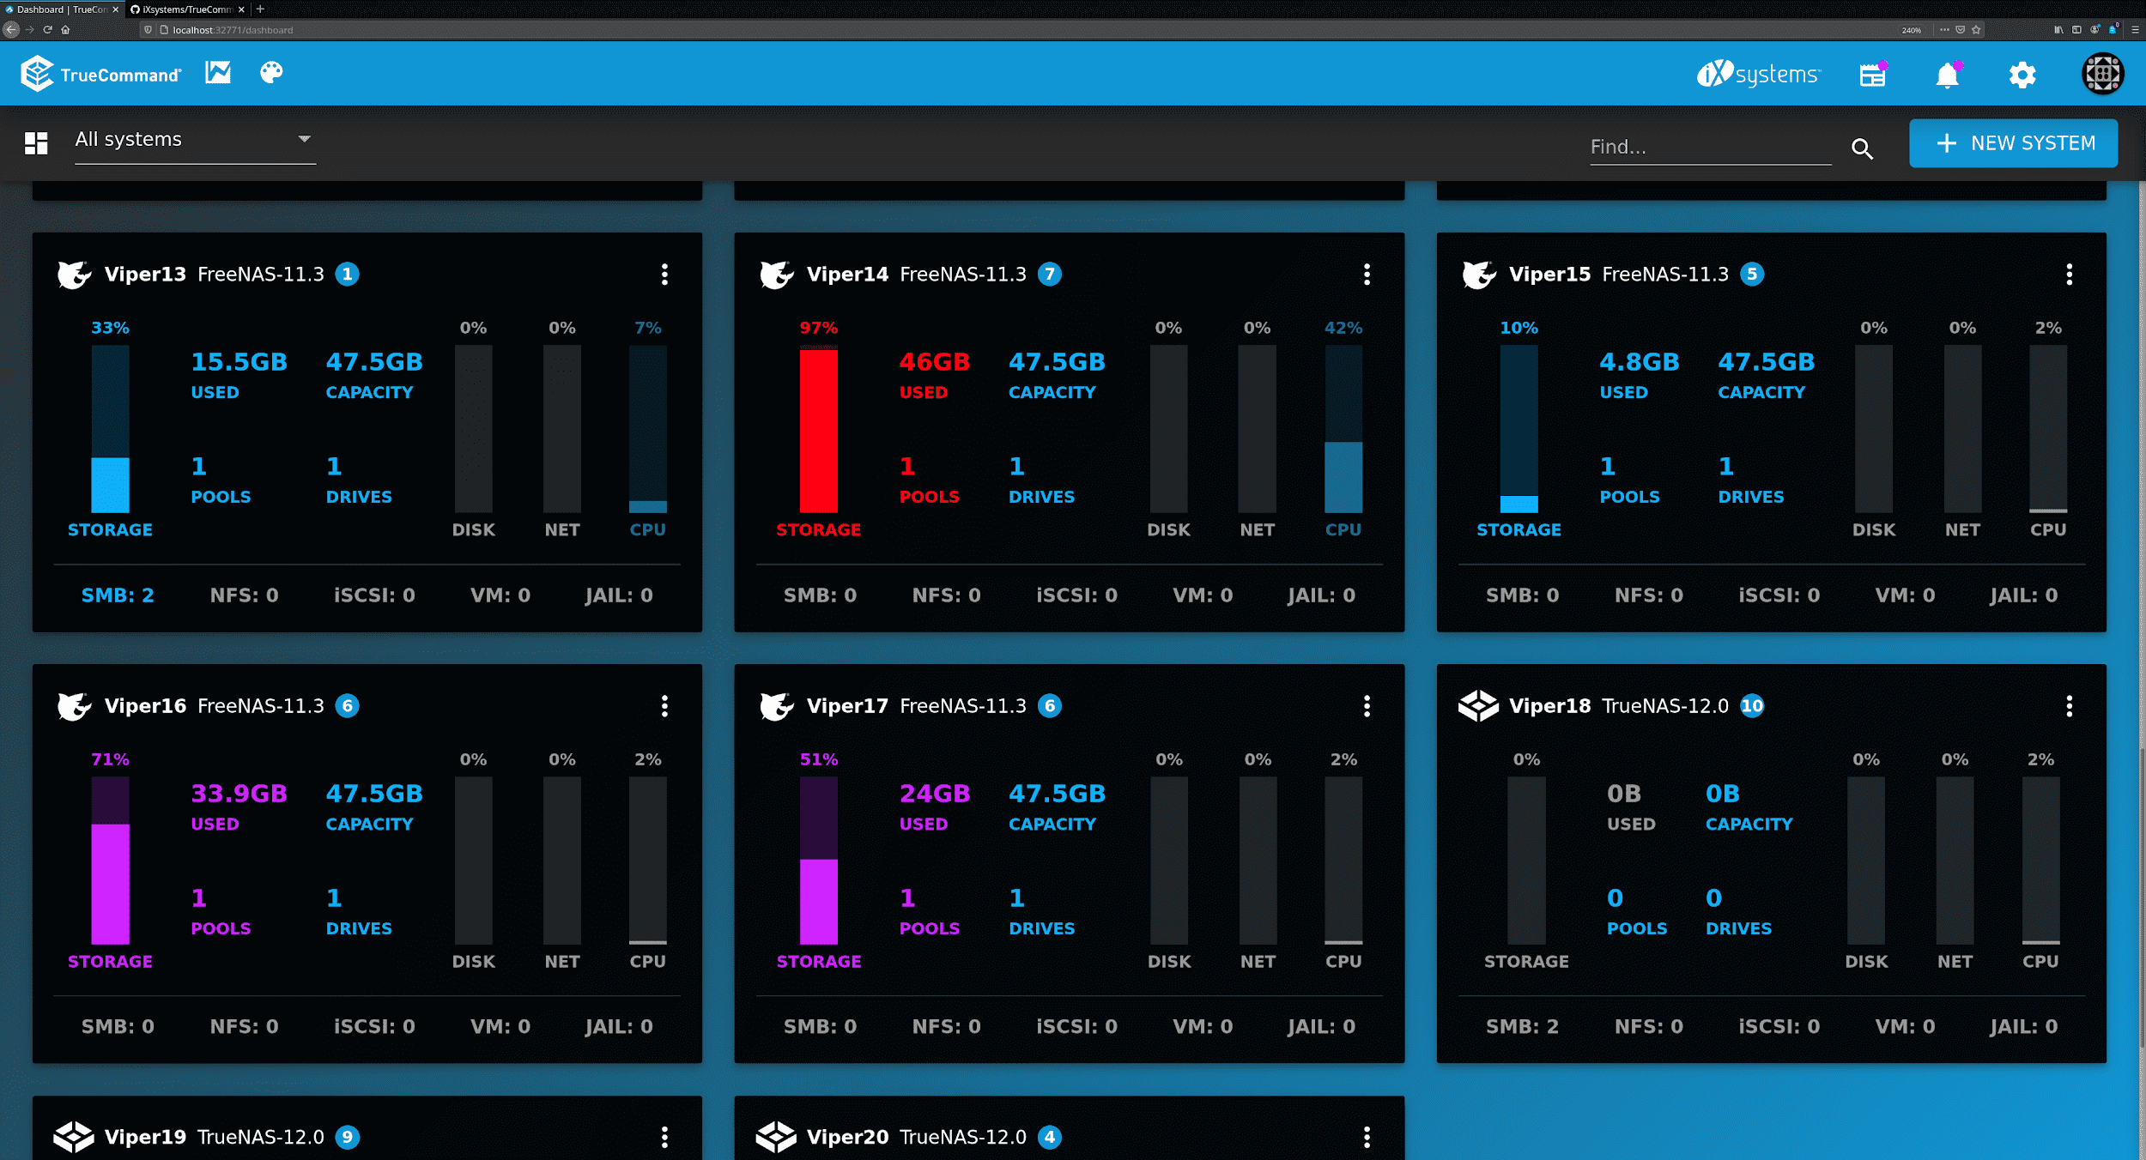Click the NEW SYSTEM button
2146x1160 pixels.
(x=2013, y=143)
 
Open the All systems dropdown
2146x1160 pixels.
(x=195, y=140)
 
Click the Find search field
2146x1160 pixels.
(x=1708, y=147)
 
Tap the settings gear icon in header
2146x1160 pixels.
(x=2022, y=76)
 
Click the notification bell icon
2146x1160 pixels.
(x=1947, y=76)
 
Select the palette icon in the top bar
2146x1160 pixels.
(x=271, y=73)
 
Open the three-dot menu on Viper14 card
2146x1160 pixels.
(x=1367, y=275)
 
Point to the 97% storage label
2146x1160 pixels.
(x=818, y=328)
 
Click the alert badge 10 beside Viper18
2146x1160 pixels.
(x=1752, y=706)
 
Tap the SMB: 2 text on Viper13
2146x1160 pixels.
(x=118, y=595)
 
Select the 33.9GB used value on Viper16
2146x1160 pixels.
(x=239, y=794)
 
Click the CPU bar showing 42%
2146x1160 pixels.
(x=1343, y=429)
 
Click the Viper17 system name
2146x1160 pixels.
(x=846, y=706)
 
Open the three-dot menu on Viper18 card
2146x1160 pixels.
(x=2069, y=706)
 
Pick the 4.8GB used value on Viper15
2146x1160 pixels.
(x=1639, y=362)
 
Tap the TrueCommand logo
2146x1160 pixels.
(x=101, y=75)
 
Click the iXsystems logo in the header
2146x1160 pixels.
(x=1757, y=75)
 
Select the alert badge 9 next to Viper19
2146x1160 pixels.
(x=347, y=1138)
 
